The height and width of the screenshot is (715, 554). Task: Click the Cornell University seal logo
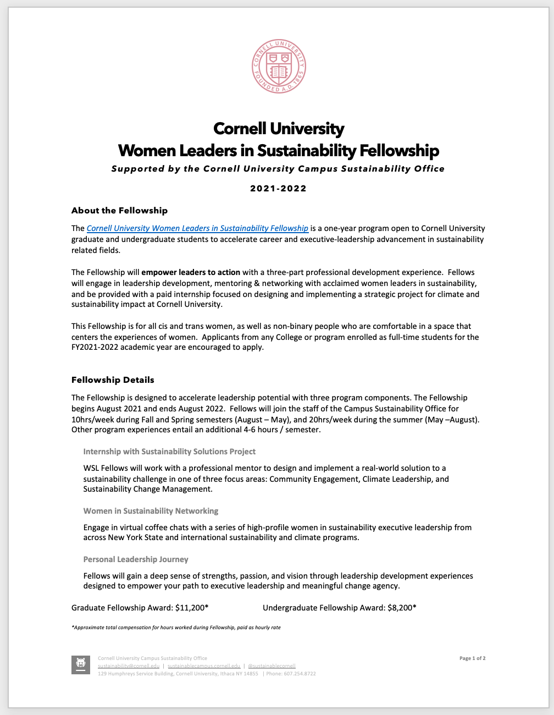click(x=278, y=66)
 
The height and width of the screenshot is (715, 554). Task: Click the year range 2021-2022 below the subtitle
click(x=278, y=189)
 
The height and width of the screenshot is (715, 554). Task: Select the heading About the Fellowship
click(x=119, y=211)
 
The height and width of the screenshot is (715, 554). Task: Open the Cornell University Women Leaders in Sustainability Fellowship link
click(x=197, y=228)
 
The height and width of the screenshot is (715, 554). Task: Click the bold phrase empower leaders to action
click(x=191, y=272)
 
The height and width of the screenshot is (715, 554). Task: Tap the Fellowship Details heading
click(x=113, y=380)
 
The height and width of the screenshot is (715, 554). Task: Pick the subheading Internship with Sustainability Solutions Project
click(x=169, y=452)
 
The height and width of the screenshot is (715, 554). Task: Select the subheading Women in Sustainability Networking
click(x=151, y=511)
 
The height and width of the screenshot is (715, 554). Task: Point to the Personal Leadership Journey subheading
click(x=136, y=559)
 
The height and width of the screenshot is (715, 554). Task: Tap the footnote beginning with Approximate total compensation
click(x=176, y=627)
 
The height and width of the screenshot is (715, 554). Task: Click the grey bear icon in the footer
click(x=81, y=664)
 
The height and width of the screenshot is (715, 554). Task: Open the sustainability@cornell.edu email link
click(x=129, y=666)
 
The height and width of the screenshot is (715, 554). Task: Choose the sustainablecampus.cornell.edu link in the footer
click(x=204, y=666)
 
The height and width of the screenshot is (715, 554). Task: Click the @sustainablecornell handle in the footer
click(x=272, y=666)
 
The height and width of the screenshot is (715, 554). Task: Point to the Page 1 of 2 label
click(x=472, y=658)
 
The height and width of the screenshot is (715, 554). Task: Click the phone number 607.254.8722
click(x=298, y=674)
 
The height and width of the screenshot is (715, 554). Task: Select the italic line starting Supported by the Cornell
click(x=278, y=169)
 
